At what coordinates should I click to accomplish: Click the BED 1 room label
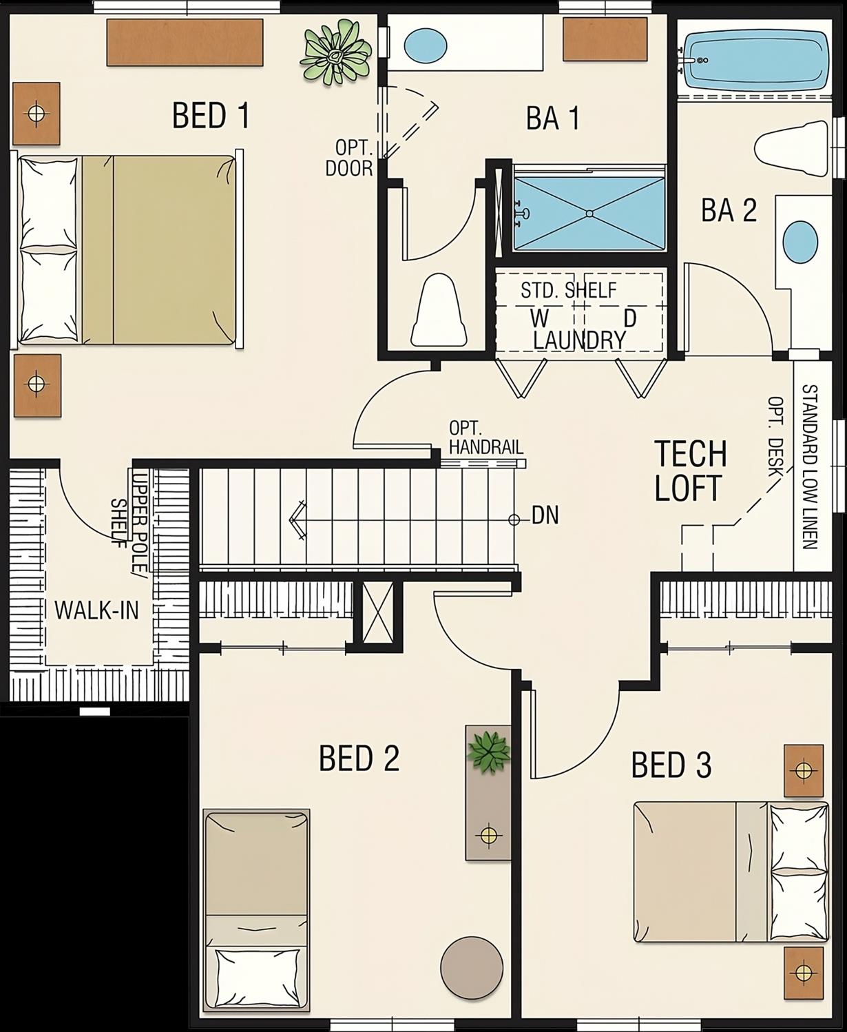tap(210, 115)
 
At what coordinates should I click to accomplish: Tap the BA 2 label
tap(729, 210)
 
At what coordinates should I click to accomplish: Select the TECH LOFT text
tap(690, 471)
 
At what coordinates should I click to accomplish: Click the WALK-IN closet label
tap(96, 610)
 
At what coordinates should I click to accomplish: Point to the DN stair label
tap(545, 515)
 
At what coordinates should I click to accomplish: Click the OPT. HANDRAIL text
tap(486, 437)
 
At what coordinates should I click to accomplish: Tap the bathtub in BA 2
tap(753, 59)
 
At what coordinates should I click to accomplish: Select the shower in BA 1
tap(589, 214)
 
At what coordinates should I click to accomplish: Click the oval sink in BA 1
tap(424, 45)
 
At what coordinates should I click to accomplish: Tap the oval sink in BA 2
tap(801, 242)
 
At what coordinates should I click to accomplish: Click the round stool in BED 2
tap(472, 967)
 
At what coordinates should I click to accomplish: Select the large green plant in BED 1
tap(336, 56)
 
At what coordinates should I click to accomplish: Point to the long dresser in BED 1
tap(185, 42)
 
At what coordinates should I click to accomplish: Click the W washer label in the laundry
tap(539, 318)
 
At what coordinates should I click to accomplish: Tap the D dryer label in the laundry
tap(629, 318)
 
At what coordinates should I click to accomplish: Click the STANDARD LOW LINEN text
tap(810, 466)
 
